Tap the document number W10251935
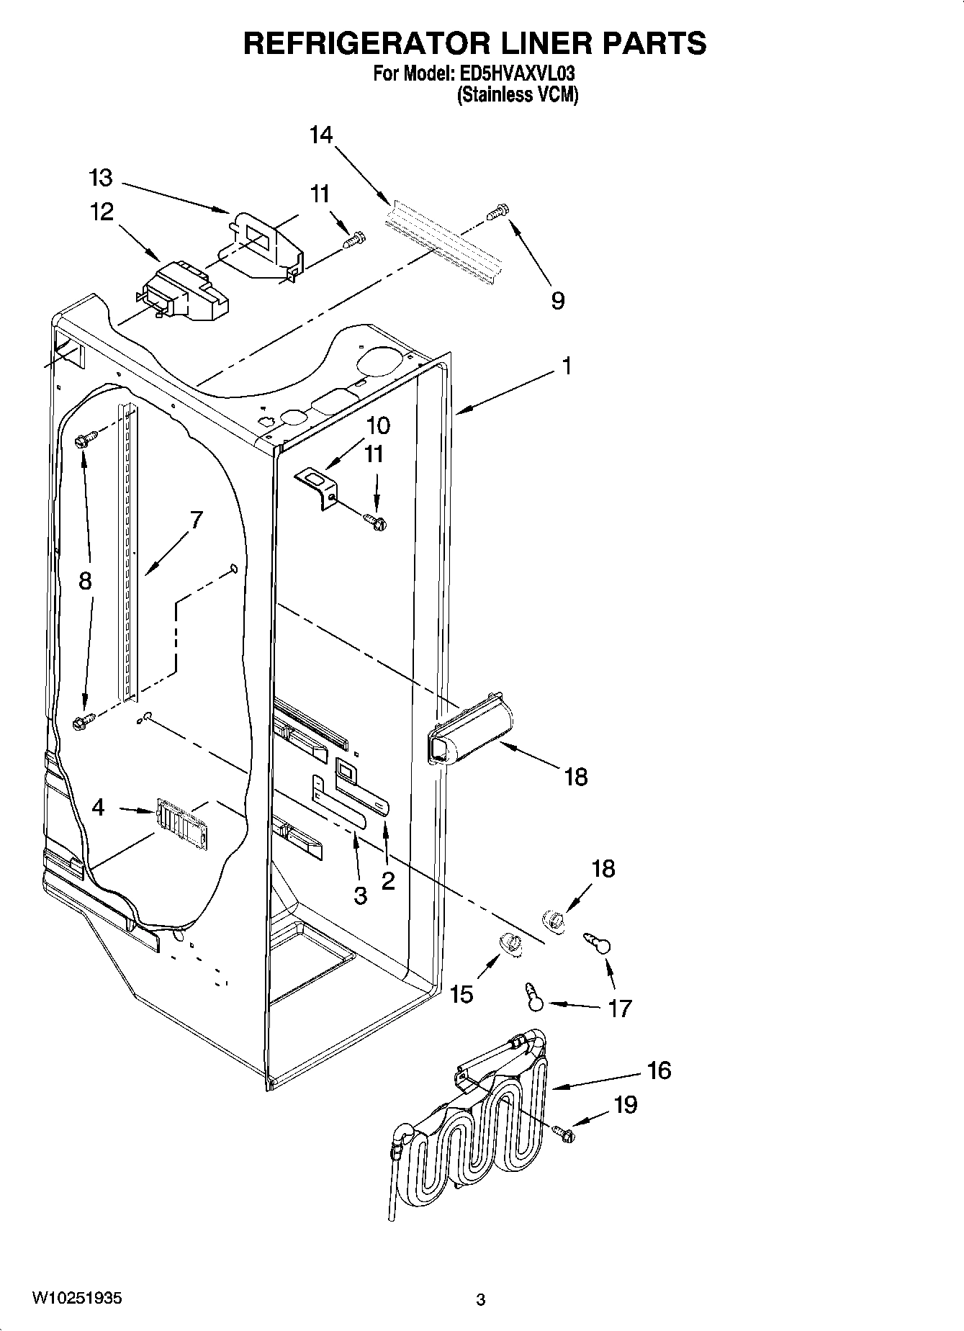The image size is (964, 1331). tap(77, 1298)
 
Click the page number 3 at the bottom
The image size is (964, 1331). tap(480, 1299)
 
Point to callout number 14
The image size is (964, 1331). tap(321, 135)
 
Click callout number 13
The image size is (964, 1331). tap(101, 178)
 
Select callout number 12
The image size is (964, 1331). tap(102, 212)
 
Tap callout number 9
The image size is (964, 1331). tap(557, 299)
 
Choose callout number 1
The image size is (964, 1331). tap(567, 366)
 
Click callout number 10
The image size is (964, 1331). tap(378, 425)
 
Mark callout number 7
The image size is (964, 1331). tap(196, 520)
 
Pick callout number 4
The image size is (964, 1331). tap(99, 807)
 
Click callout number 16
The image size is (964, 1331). tap(659, 1070)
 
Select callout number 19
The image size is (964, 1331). tap(626, 1104)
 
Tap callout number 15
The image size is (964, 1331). tap(461, 994)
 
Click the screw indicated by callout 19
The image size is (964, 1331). tap(566, 1134)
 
